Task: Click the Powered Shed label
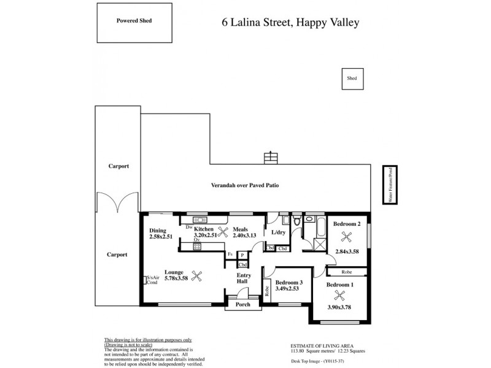[134, 20]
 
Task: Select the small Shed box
[352, 79]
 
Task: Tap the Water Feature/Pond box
[388, 185]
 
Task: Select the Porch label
[244, 304]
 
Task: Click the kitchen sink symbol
[201, 220]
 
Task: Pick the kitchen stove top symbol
[198, 246]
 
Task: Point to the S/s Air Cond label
[153, 280]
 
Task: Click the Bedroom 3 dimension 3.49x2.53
[287, 288]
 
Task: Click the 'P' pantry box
[242, 254]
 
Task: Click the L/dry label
[279, 233]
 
